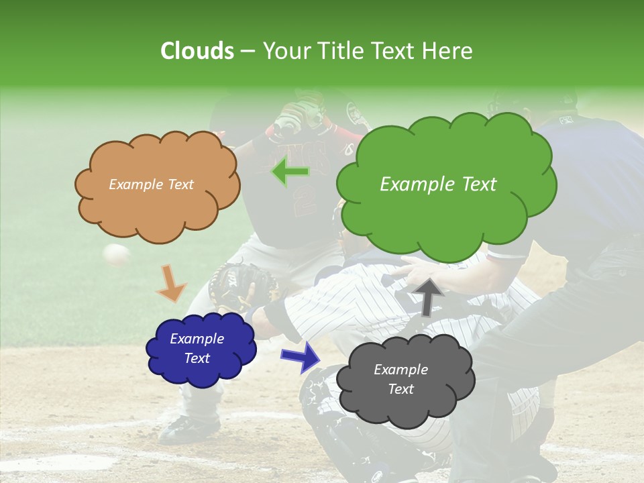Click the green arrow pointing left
tap(290, 172)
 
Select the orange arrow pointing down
tap(170, 283)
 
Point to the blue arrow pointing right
tap(301, 356)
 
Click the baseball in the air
tap(116, 254)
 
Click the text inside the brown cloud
tap(151, 184)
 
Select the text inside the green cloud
tap(438, 184)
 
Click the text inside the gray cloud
tap(400, 379)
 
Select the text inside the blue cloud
tap(197, 348)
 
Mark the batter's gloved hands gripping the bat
tap(295, 117)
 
